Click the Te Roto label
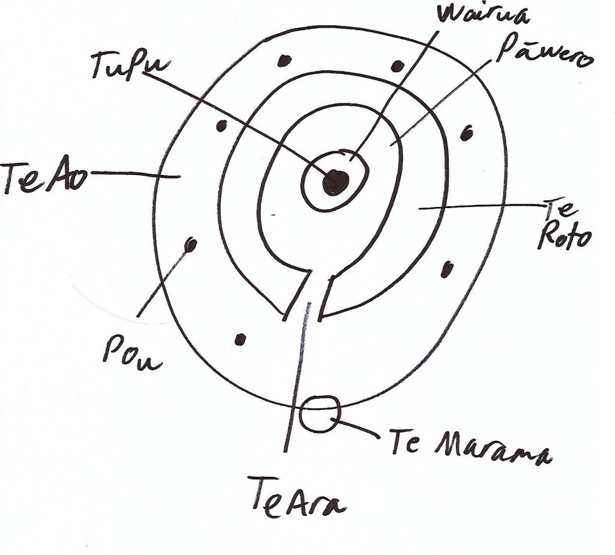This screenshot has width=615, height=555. [x=563, y=226]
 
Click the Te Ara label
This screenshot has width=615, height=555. [x=297, y=497]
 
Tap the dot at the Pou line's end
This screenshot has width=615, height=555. [x=191, y=244]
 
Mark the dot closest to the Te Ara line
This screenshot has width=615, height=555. [x=240, y=339]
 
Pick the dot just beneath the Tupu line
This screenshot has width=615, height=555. [x=221, y=126]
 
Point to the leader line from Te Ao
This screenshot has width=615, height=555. [x=135, y=174]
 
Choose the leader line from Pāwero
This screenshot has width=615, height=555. [x=441, y=103]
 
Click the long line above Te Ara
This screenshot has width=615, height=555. [x=297, y=377]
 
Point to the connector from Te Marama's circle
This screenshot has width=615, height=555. [x=356, y=428]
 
